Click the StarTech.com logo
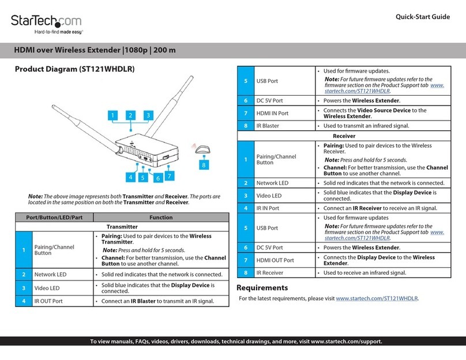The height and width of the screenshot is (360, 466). [x=46, y=22]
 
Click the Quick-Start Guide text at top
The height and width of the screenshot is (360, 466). [x=422, y=17]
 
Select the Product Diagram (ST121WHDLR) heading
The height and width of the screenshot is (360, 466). [x=74, y=69]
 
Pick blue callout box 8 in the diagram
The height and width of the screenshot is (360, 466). [x=202, y=164]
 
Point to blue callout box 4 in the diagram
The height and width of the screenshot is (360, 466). [x=131, y=177]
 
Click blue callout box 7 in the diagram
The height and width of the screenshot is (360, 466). [x=169, y=174]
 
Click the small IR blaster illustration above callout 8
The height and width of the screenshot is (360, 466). [x=202, y=150]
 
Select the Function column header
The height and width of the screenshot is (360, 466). [x=161, y=217]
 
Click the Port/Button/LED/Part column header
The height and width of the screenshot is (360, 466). [x=51, y=217]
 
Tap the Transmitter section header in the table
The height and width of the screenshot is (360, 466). [x=122, y=227]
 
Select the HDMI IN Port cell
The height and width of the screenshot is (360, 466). [x=272, y=114]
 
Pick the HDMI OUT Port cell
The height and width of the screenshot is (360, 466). [x=275, y=261]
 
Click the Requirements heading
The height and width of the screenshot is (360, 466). [x=262, y=287]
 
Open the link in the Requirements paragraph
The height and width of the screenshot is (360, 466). [x=377, y=299]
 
